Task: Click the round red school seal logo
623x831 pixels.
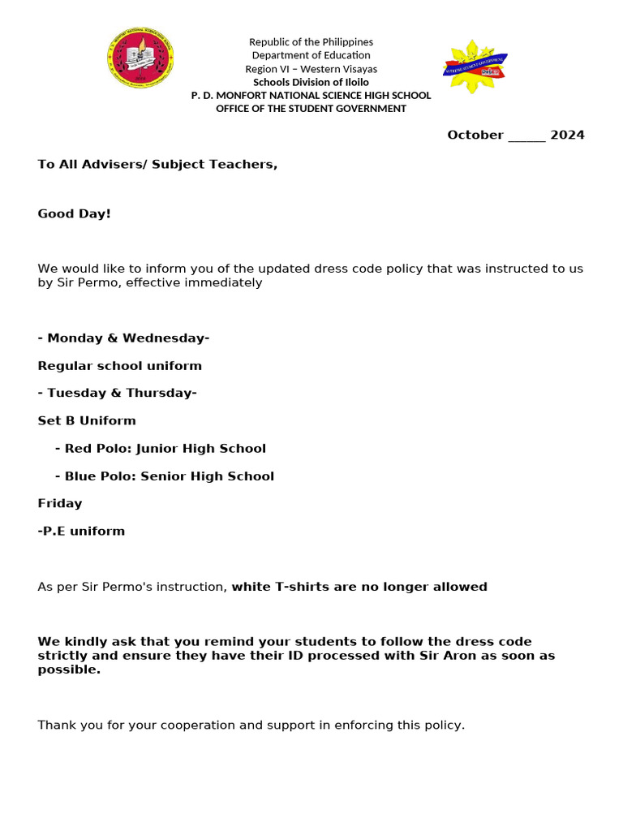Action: click(x=140, y=59)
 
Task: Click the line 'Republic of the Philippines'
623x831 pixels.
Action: click(x=311, y=42)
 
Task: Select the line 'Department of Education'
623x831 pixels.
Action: click(x=311, y=55)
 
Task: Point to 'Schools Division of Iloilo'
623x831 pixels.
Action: click(x=311, y=82)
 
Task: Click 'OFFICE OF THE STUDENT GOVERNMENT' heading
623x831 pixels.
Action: click(x=311, y=109)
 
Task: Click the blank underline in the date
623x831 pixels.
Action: click(x=526, y=136)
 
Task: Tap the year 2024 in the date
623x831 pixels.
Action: click(x=567, y=136)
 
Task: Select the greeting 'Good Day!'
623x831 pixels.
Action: click(x=74, y=214)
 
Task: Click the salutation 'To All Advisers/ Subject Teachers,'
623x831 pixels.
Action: click(x=157, y=165)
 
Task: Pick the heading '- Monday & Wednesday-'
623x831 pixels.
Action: click(x=123, y=338)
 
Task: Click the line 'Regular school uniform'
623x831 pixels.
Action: click(x=119, y=366)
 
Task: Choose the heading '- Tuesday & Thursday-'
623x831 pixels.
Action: click(x=117, y=394)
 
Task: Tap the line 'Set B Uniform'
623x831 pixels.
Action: click(x=87, y=421)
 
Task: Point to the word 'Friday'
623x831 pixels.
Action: click(x=60, y=504)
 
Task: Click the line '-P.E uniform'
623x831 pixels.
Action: click(x=81, y=532)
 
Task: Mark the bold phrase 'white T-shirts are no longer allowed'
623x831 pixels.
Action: click(x=359, y=587)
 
